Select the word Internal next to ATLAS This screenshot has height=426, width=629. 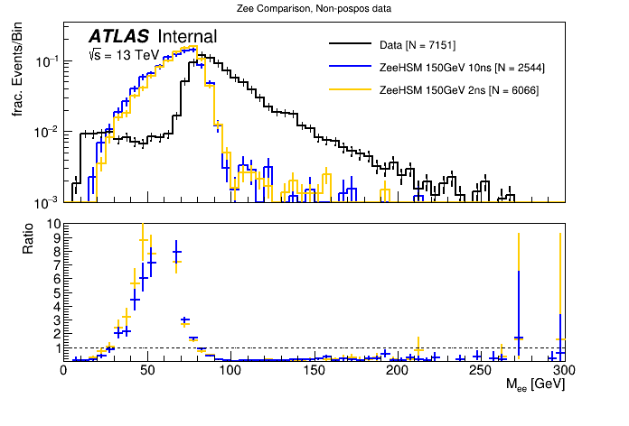(x=187, y=37)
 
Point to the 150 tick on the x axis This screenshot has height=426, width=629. (x=314, y=370)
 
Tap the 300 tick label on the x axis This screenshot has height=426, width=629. (x=564, y=370)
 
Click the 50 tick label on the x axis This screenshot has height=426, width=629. (x=146, y=370)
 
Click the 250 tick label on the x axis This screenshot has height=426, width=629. (x=481, y=370)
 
